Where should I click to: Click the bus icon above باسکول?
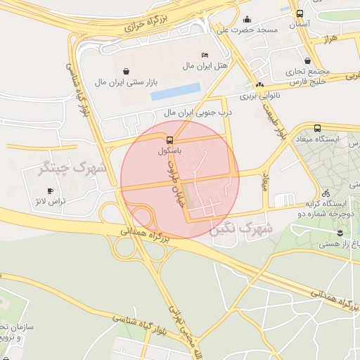[170, 139]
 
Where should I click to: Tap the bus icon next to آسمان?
[300, 13]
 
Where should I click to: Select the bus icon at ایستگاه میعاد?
[318, 129]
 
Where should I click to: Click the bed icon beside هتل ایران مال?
[205, 55]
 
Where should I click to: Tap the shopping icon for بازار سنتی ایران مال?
[126, 71]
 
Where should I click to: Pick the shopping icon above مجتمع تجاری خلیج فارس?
[307, 60]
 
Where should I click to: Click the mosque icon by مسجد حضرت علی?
[248, 20]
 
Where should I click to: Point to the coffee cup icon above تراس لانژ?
[49, 191]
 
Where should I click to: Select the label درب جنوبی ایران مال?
[198, 112]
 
